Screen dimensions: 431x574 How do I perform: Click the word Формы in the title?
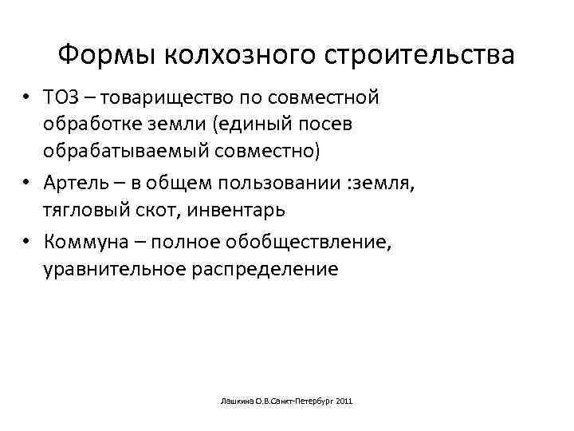click(109, 55)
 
